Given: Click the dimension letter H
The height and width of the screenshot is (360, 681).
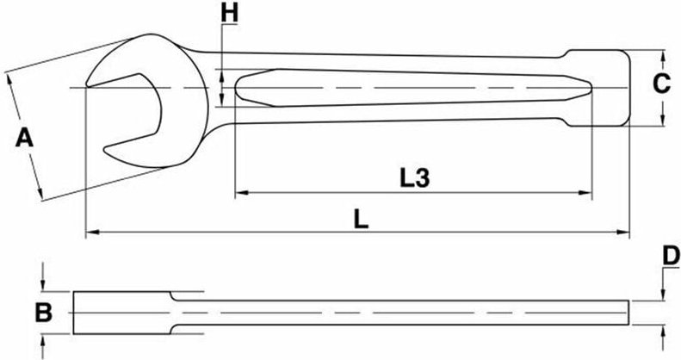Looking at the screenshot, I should (228, 13).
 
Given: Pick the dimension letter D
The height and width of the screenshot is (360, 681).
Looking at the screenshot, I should (671, 255).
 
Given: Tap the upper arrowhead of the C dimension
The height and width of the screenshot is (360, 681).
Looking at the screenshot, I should (665, 58).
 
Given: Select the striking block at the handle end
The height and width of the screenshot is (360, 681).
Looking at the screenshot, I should (597, 86).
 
